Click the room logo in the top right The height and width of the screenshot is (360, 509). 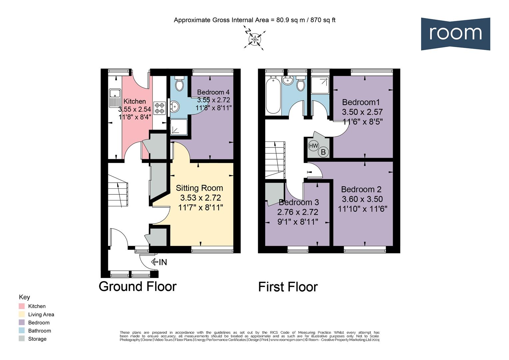pyautogui.click(x=455, y=34)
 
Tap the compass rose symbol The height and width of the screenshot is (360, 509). pyautogui.click(x=255, y=39)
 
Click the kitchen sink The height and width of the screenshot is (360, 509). pyautogui.click(x=114, y=97)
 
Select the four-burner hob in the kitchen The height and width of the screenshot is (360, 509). pyautogui.click(x=159, y=107)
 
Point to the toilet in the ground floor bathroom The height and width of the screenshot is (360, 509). pyautogui.click(x=179, y=84)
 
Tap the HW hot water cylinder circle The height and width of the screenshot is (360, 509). pyautogui.click(x=313, y=146)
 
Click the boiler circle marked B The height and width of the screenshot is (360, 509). pyautogui.click(x=323, y=152)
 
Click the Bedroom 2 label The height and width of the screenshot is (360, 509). pyautogui.click(x=361, y=189)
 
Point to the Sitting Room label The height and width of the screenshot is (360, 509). pyautogui.click(x=199, y=188)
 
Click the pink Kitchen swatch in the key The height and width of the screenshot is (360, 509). pyautogui.click(x=22, y=306)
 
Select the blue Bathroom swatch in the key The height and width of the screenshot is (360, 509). pyautogui.click(x=22, y=331)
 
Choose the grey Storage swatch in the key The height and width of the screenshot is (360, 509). pyautogui.click(x=22, y=339)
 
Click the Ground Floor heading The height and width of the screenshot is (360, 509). pyautogui.click(x=137, y=286)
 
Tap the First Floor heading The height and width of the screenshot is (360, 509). pyautogui.click(x=288, y=287)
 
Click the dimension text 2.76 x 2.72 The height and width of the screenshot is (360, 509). pyautogui.click(x=297, y=212)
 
